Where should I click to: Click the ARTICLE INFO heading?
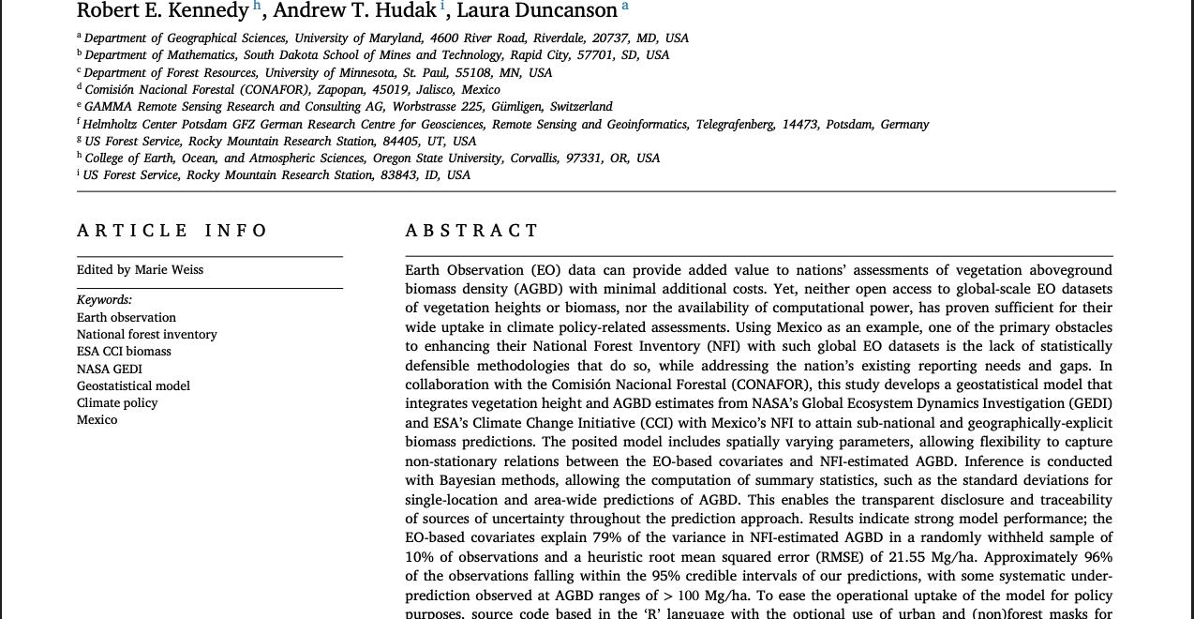(172, 231)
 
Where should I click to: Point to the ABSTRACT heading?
(472, 231)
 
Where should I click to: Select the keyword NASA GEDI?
(110, 369)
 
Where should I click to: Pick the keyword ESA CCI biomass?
(124, 352)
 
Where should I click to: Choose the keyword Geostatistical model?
(133, 385)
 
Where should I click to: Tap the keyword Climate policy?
(117, 403)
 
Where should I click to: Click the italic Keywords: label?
(104, 300)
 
